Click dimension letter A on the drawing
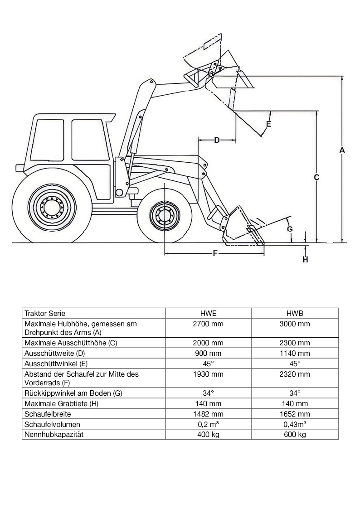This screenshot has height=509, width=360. coord(342,150)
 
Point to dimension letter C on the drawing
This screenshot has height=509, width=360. coord(317,177)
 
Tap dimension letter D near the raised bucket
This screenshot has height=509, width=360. coord(217,140)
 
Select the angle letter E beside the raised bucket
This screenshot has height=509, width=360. coord(268,124)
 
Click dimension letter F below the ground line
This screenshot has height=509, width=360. coord(215,253)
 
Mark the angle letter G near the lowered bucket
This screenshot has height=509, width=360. coord(290,229)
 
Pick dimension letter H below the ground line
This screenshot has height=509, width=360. coord(306,259)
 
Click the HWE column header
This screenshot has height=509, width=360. coord(208,313)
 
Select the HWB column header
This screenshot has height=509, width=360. coord(295,313)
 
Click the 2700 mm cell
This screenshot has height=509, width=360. coord(208,324)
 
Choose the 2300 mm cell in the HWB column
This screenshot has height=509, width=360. coord(295,343)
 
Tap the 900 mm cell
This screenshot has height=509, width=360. coord(208,353)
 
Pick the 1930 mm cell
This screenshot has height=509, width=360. coord(208,374)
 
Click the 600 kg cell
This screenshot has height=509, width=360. coord(295,434)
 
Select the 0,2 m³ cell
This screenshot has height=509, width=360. coord(208,424)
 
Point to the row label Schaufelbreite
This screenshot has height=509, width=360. coord(48,414)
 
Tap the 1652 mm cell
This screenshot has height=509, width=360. coord(295,414)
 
